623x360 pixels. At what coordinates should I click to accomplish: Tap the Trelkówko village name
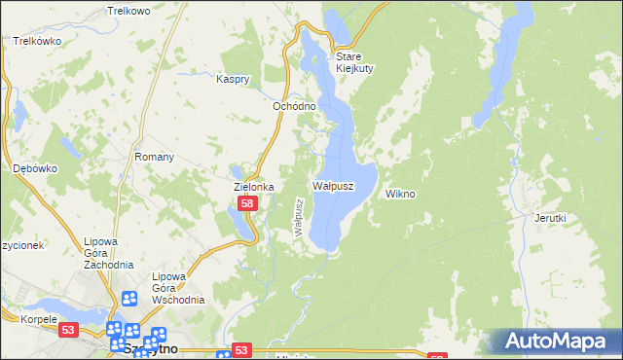tap(38, 42)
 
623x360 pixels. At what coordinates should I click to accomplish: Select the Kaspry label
tap(234, 78)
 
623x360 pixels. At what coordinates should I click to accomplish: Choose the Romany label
tap(154, 157)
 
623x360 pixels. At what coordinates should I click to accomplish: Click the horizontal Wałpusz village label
tap(333, 184)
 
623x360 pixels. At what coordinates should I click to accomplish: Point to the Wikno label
tap(400, 194)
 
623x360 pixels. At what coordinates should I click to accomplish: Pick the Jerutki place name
tap(550, 219)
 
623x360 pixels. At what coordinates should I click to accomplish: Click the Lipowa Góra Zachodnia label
tap(108, 252)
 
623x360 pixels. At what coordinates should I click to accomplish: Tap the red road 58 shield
tap(248, 203)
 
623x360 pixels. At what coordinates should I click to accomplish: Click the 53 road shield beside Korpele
tap(67, 331)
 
